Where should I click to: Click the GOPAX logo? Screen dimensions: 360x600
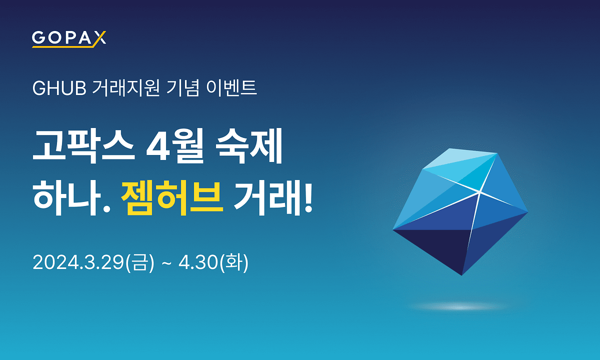[x=69, y=38]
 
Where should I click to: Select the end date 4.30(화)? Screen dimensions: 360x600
[x=213, y=262]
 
